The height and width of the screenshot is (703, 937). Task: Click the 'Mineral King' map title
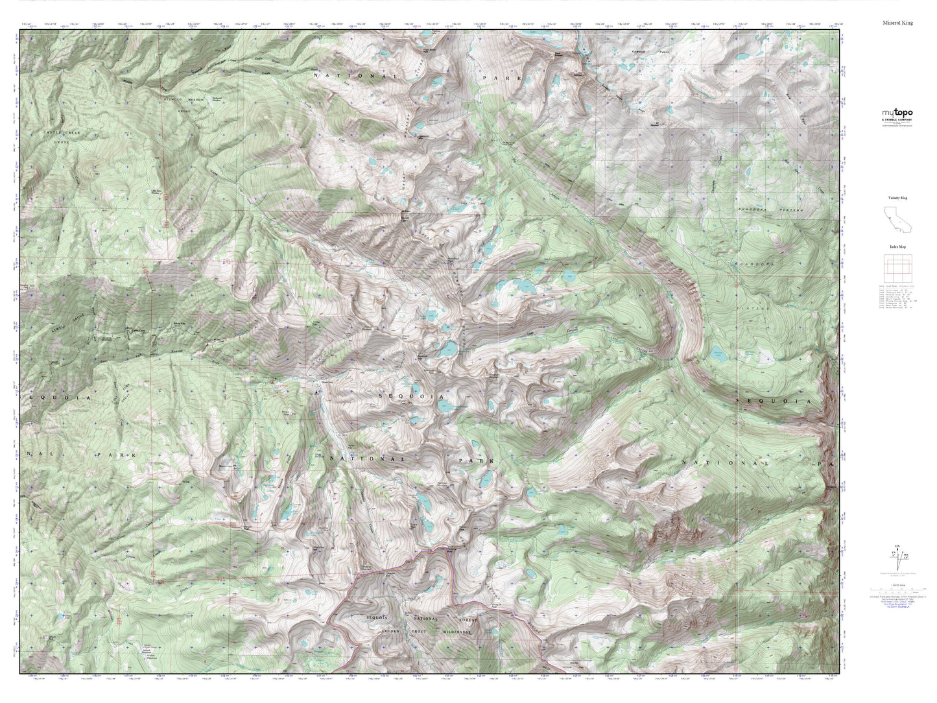pyautogui.click(x=897, y=23)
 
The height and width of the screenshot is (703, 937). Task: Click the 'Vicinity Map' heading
pyautogui.click(x=897, y=198)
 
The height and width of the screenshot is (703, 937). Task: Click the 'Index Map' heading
pyautogui.click(x=897, y=247)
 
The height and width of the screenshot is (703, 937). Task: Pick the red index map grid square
pyautogui.click(x=897, y=268)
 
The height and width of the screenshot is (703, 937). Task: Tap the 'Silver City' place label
pyautogui.click(x=175, y=322)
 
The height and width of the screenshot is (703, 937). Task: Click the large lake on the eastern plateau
pyautogui.click(x=718, y=354)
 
